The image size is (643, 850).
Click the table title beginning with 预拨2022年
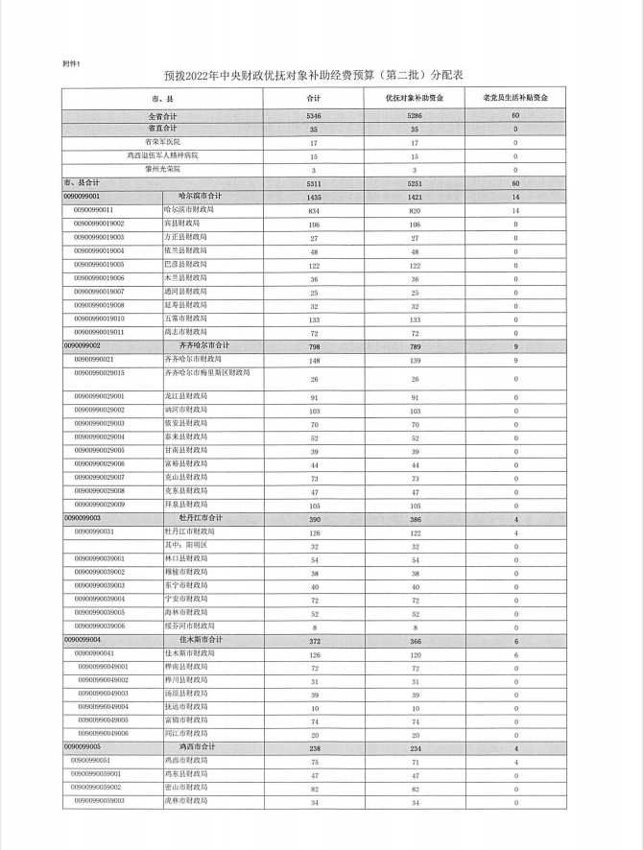pyautogui.click(x=321, y=74)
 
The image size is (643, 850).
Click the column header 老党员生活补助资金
pyautogui.click(x=515, y=98)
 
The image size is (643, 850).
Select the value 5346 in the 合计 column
pyautogui.click(x=313, y=116)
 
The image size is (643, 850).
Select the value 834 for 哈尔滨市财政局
pyautogui.click(x=313, y=209)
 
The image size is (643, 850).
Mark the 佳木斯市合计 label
pyautogui.click(x=201, y=639)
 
